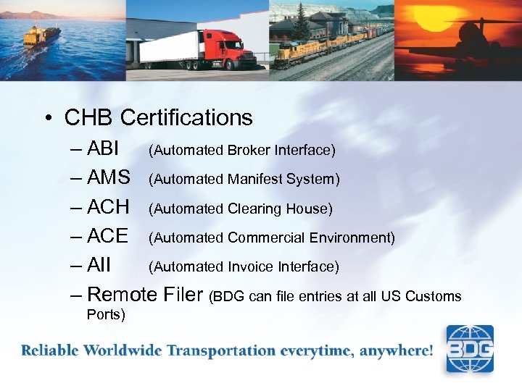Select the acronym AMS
tap(108, 178)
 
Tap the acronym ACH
tap(108, 208)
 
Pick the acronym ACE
tap(107, 237)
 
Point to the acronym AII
tap(99, 266)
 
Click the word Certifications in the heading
tap(186, 117)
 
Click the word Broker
tap(249, 151)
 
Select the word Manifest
tap(259, 180)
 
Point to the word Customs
tap(434, 296)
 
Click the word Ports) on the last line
tap(106, 315)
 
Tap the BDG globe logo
tap(469, 349)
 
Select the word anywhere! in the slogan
tap(397, 351)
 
